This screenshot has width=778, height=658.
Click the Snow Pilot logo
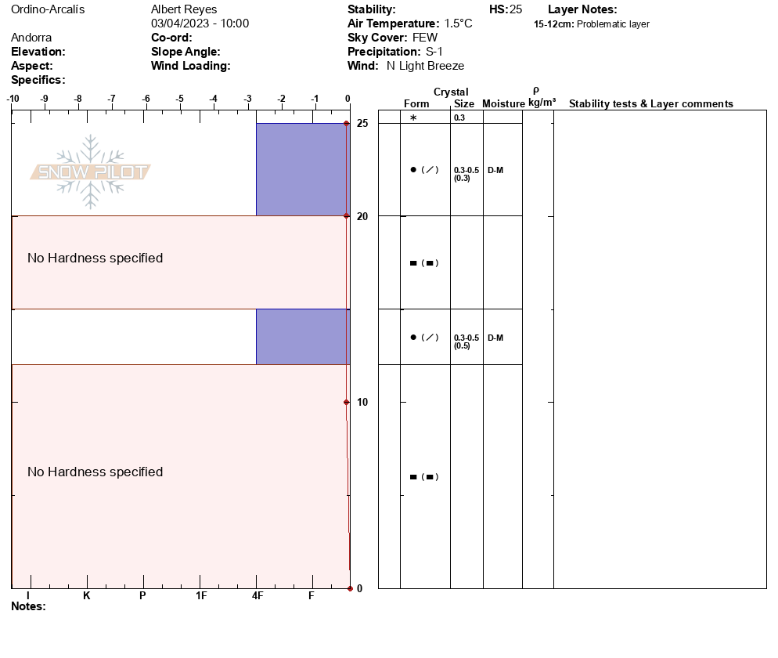91,172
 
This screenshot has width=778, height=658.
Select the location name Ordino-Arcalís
48,9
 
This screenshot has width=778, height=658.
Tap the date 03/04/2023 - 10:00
200,23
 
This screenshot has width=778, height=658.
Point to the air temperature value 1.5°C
458,23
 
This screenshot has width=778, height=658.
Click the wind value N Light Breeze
425,66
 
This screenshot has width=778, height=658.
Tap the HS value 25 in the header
515,9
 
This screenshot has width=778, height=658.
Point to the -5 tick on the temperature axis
180,99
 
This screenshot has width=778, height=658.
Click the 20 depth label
362,216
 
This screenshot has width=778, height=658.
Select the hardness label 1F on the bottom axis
201,595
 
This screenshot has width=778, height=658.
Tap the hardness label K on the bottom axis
87,595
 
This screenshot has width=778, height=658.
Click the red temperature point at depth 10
346,402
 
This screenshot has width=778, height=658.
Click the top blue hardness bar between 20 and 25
301,169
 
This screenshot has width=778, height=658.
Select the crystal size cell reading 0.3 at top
459,117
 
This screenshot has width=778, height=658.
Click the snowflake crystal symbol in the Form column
413,117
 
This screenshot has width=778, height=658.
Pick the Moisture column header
503,104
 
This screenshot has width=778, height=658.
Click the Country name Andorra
31,38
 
